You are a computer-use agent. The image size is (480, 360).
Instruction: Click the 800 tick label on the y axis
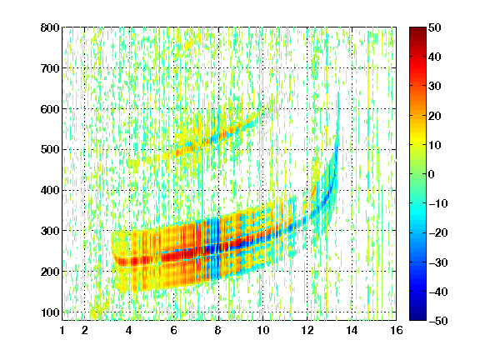50,27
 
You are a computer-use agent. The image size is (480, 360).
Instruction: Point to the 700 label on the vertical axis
50,68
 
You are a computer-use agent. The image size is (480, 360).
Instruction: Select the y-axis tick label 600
50,109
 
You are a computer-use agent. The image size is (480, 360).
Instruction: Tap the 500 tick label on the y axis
50,150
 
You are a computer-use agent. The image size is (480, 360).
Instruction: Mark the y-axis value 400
50,190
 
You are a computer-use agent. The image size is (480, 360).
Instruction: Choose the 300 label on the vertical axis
50,231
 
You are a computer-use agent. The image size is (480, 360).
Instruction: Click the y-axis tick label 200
50,272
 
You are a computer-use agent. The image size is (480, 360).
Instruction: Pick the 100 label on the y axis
50,312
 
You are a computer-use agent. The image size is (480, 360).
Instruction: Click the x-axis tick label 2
85,330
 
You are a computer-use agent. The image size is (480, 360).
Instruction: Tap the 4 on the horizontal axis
129,330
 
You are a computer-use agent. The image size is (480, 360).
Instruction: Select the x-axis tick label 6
173,330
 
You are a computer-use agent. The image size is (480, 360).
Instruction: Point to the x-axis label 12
307,330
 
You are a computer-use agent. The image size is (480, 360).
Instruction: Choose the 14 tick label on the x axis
352,330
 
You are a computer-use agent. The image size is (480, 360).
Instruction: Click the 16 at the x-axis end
397,330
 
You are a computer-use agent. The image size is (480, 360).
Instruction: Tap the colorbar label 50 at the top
434,27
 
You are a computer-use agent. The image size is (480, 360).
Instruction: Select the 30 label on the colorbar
434,87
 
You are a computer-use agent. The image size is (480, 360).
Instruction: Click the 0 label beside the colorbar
432,174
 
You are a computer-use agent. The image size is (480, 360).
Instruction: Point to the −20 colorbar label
438,233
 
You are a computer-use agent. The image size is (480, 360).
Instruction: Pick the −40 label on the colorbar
438,292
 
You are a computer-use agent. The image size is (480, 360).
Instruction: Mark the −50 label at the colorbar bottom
438,321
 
